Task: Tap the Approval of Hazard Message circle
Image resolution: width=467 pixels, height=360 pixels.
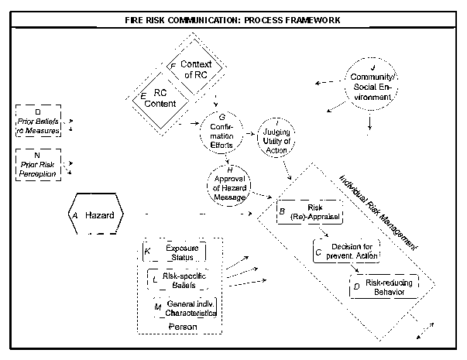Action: tap(227, 186)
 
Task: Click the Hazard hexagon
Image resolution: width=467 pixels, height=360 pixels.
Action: tap(95, 214)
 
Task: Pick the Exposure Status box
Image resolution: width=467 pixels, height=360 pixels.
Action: tap(175, 252)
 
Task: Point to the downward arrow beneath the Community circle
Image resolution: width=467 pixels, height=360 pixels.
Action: tap(372, 122)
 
